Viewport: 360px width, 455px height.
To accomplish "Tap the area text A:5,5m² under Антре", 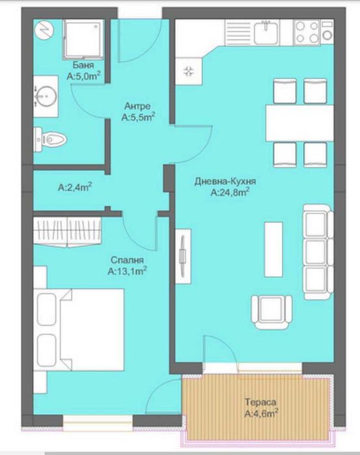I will [x=138, y=118].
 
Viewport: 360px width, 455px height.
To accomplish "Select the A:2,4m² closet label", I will [x=75, y=187].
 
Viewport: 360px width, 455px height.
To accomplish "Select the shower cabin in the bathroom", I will [x=84, y=38].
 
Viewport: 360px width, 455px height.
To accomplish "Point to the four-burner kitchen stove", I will [x=309, y=30].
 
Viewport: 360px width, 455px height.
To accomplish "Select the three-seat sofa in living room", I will [x=317, y=247].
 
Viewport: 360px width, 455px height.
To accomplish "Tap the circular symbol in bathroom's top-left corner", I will [x=44, y=30].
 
